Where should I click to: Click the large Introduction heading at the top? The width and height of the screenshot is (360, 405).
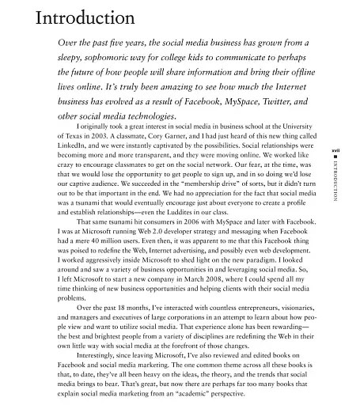pyautogui.click(x=79, y=17)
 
